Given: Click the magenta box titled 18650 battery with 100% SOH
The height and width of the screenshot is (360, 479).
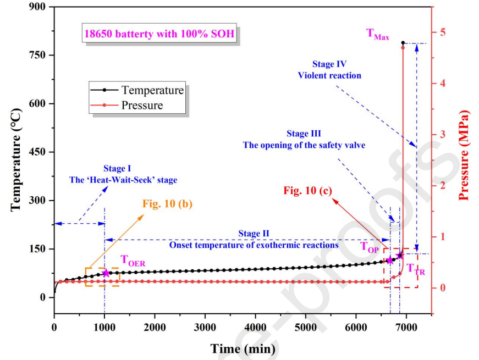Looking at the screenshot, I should coord(159,34).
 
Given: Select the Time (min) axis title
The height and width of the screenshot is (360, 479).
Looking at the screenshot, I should coord(243,348).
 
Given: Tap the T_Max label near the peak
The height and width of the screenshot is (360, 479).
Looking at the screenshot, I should coord(378,34).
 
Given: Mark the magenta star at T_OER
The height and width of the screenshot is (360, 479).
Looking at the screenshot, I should coord(106,273).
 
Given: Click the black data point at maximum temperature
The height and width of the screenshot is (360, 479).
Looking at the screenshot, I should coord(403,42).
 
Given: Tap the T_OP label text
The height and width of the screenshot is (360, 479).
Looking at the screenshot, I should coord(370,247).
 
